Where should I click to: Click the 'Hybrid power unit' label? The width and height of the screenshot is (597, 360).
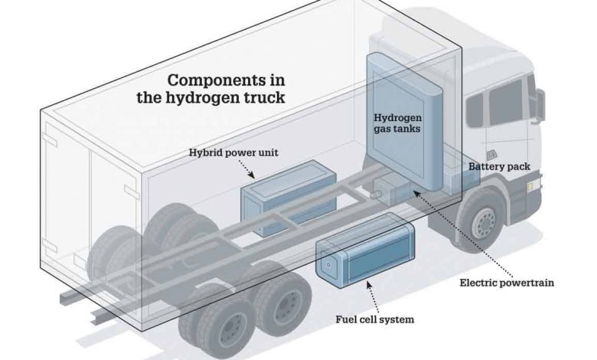pos(233,152)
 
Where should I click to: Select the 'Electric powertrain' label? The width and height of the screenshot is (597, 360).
pos(506,282)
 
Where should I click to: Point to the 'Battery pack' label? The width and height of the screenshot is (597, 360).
pos(498,166)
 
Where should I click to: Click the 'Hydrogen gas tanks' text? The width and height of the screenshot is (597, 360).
pos(398,123)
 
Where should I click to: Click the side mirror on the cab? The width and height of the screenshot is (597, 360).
pos(541,106)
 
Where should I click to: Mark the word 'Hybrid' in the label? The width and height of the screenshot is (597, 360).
pos(204,152)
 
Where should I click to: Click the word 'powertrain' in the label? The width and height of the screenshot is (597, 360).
pos(527,282)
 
